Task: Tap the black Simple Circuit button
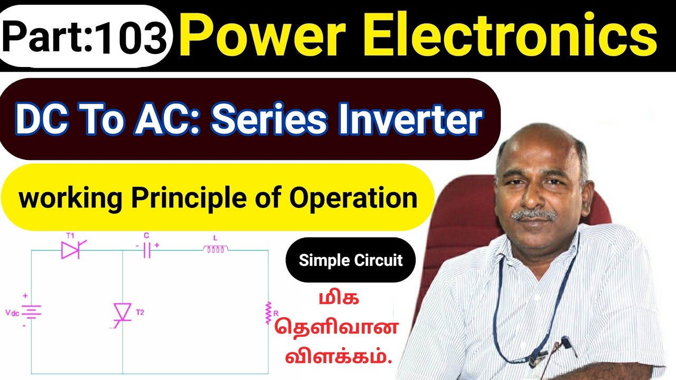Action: (351, 260)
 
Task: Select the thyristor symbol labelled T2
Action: (123, 312)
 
